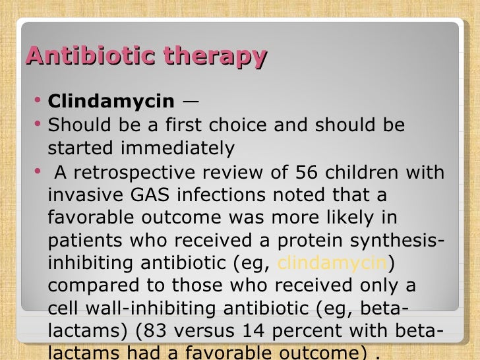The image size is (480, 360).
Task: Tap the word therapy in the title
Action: [216, 57]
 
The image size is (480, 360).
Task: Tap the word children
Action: [365, 173]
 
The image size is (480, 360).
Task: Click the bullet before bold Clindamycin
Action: [38, 102]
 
